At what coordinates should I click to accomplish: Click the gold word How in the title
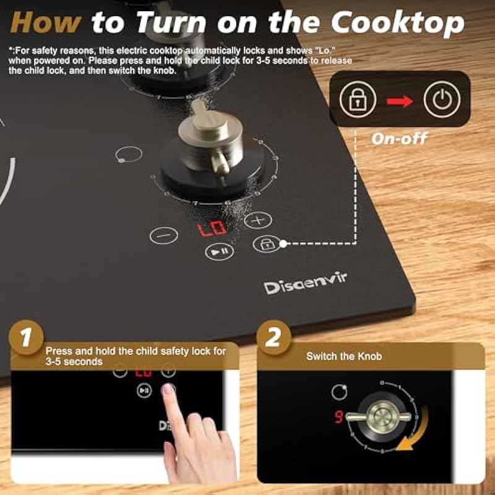tap(46, 23)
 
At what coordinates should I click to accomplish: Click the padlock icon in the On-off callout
tap(358, 100)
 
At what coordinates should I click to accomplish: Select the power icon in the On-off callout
tap(442, 100)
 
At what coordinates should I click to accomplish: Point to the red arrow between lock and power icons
tap(400, 101)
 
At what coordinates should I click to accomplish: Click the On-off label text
tap(399, 139)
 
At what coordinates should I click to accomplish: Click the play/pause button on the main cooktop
tap(220, 252)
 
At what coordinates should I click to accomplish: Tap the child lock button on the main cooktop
tap(267, 244)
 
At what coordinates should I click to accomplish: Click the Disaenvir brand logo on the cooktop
tap(305, 283)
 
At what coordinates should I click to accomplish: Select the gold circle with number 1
tap(26, 337)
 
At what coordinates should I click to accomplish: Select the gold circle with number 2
tap(273, 337)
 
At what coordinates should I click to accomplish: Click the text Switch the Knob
tap(344, 356)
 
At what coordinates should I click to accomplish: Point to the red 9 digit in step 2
tap(338, 417)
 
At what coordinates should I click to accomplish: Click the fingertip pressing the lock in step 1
tap(168, 389)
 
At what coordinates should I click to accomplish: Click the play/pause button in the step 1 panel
tap(144, 390)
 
